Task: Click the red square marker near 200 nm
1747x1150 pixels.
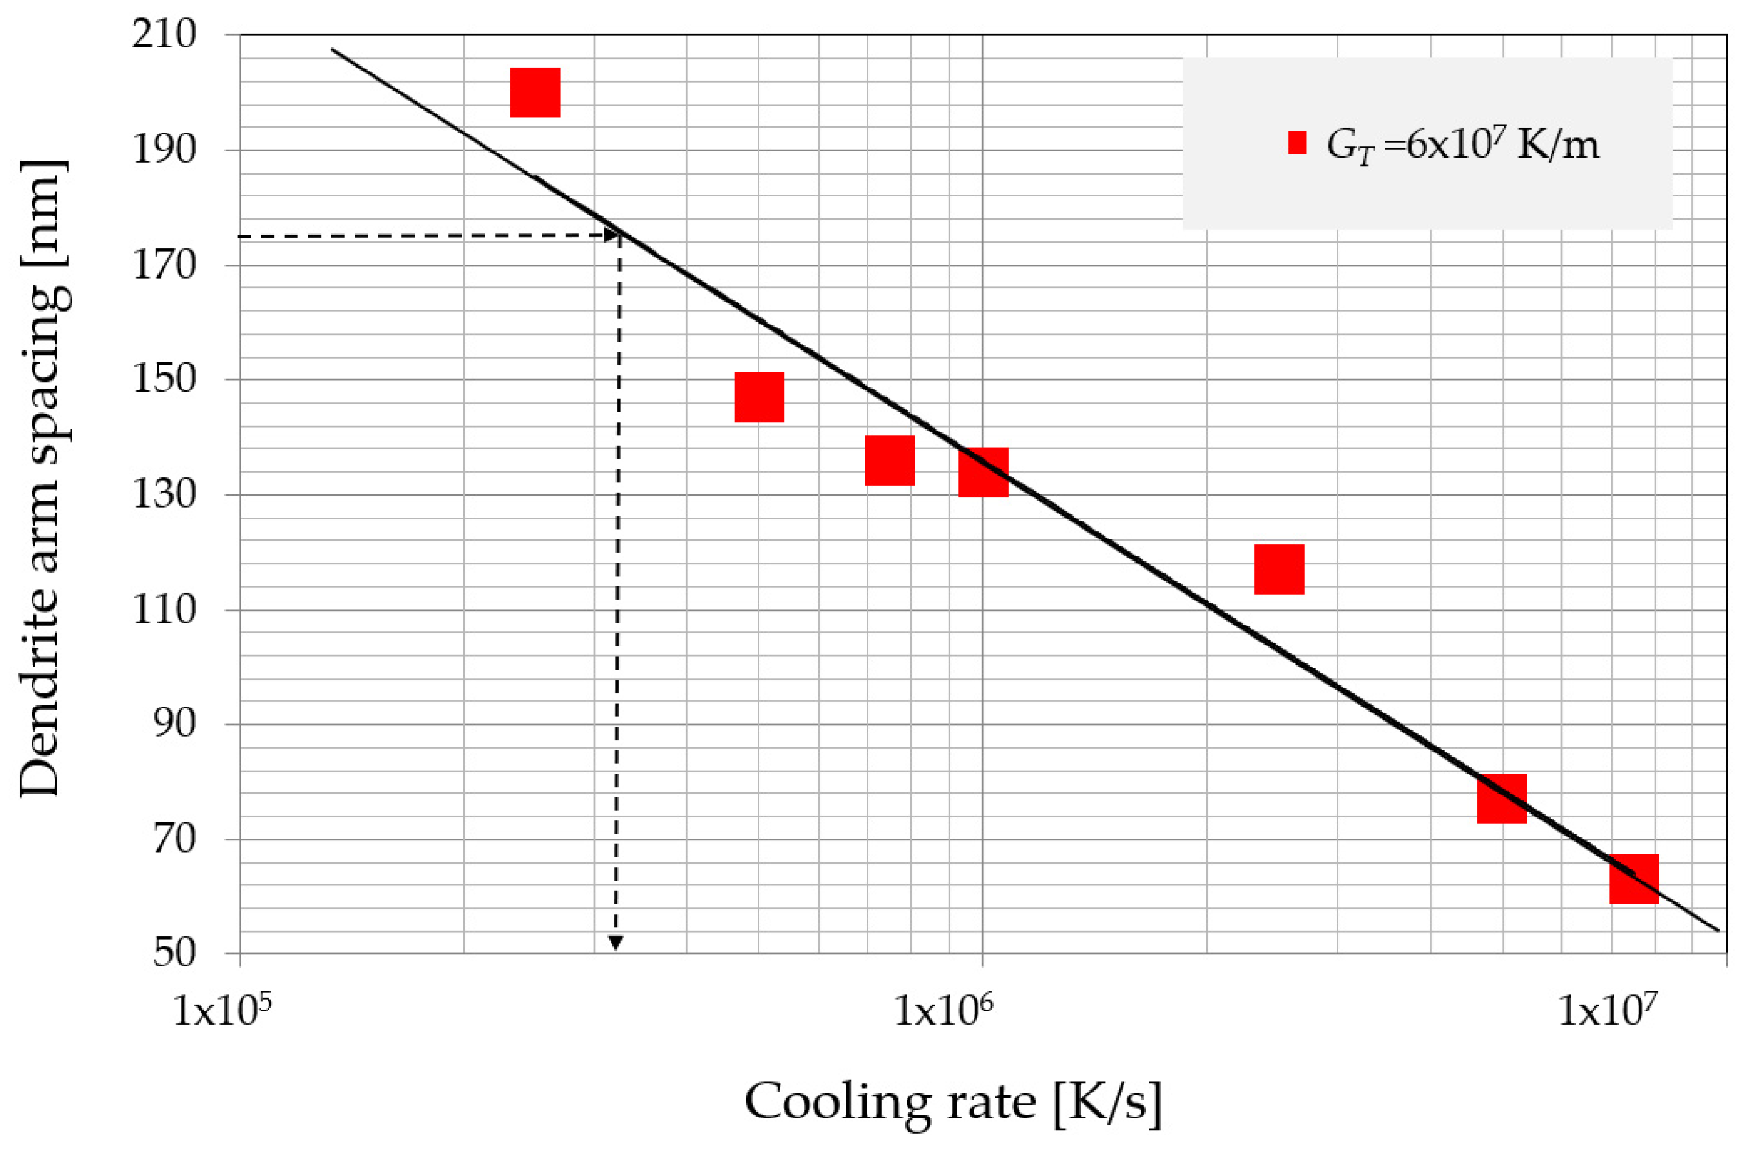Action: pos(535,92)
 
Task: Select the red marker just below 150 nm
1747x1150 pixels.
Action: pos(759,397)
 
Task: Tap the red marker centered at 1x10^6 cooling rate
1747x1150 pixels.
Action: pos(984,472)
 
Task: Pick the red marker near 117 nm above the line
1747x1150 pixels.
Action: pos(1279,569)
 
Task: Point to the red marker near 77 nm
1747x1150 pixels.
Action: pos(1502,798)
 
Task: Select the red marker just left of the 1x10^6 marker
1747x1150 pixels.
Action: pos(890,461)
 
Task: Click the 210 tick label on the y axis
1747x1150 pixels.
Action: pos(164,35)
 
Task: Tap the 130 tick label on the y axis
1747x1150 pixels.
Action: pos(164,494)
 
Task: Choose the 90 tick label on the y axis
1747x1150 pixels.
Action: pos(175,724)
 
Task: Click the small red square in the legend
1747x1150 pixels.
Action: pos(1297,143)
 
